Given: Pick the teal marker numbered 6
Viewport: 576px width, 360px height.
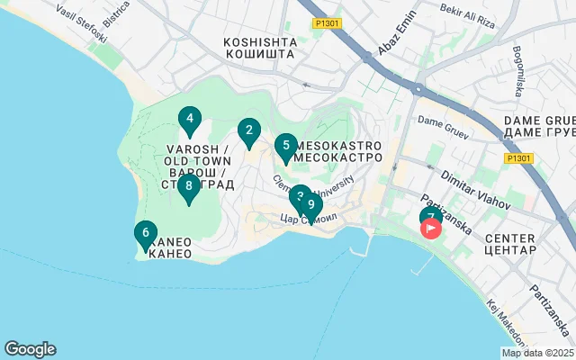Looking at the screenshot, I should (145, 234).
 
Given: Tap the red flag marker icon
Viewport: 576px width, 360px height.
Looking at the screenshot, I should (432, 229).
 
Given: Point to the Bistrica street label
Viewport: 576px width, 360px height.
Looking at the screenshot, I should (116, 16).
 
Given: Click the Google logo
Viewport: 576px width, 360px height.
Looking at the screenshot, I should (30, 349).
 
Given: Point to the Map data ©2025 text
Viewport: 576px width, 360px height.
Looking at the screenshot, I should (537, 353).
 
